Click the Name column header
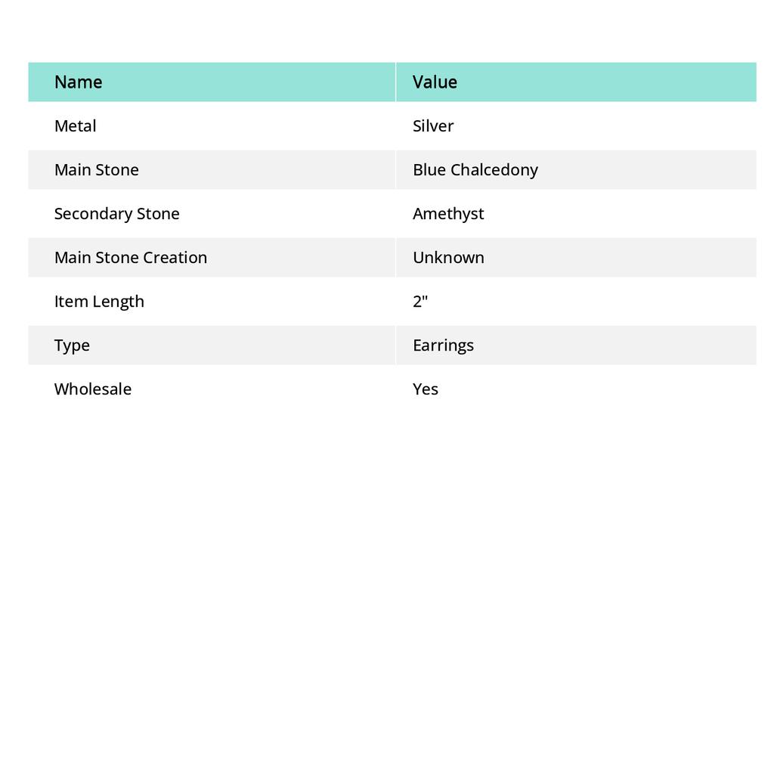(78, 82)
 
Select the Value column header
(435, 82)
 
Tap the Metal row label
(75, 126)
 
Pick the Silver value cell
(433, 126)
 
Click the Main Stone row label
(96, 170)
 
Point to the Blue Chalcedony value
(475, 170)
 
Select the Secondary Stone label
(116, 214)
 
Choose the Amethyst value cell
(448, 214)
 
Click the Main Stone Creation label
(130, 258)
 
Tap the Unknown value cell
(448, 258)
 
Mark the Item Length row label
(99, 302)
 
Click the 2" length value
(420, 302)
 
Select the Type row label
(72, 345)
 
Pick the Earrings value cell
(443, 345)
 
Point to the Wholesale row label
(92, 389)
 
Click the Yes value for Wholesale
(426, 389)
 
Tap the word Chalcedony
(494, 170)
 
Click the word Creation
(175, 258)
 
